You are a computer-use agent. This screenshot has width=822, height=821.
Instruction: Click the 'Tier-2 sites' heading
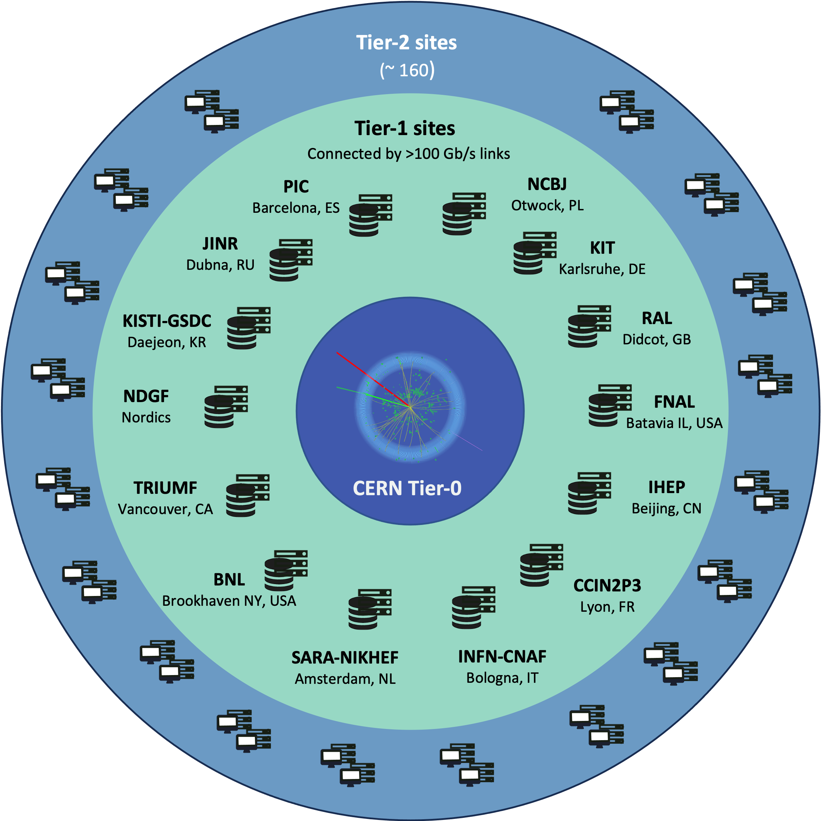pyautogui.click(x=406, y=43)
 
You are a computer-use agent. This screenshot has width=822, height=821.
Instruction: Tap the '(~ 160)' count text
pyautogui.click(x=407, y=70)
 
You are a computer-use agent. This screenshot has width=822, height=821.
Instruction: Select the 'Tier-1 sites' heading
pyautogui.click(x=405, y=128)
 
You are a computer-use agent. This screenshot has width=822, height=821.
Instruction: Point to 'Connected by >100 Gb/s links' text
pyautogui.click(x=408, y=154)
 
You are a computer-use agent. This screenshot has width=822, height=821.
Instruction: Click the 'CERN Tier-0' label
pyautogui.click(x=407, y=488)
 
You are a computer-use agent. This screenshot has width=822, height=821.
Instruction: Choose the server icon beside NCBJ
pyautogui.click(x=464, y=213)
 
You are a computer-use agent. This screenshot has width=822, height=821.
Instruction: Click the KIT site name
pyautogui.click(x=602, y=248)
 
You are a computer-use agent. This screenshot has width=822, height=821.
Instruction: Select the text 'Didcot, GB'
pyautogui.click(x=657, y=339)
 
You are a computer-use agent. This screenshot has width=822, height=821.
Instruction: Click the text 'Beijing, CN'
pyautogui.click(x=666, y=508)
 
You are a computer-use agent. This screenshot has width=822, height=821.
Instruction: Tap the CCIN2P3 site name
pyautogui.click(x=607, y=585)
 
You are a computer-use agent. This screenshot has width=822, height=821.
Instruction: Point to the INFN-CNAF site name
pyautogui.click(x=502, y=656)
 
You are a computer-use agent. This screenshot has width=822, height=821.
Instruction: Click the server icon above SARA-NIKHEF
pyautogui.click(x=369, y=609)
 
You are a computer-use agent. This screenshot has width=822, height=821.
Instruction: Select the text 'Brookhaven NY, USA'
pyautogui.click(x=229, y=601)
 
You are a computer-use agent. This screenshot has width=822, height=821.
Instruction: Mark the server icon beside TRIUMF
pyautogui.click(x=247, y=495)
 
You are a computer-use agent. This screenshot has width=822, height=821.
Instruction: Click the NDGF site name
pyautogui.click(x=146, y=396)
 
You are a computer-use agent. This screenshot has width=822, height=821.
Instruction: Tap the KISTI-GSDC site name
pyautogui.click(x=167, y=321)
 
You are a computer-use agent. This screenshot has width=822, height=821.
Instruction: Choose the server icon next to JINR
pyautogui.click(x=291, y=260)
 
